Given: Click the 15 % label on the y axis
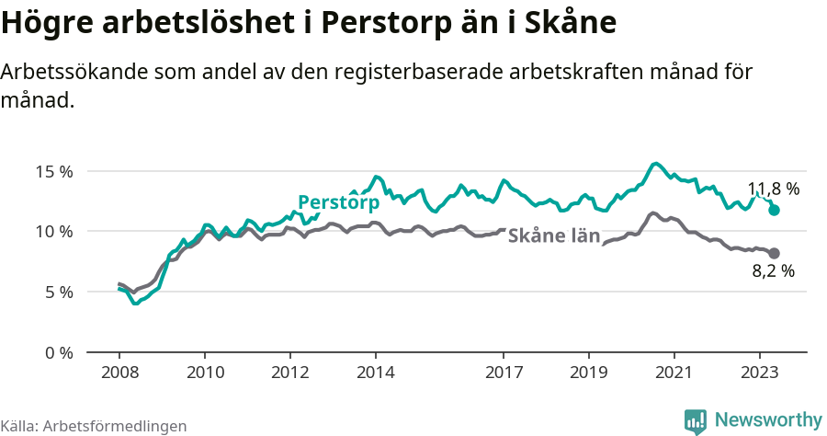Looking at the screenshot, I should click(53, 171).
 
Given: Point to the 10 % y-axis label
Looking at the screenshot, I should click(53, 231).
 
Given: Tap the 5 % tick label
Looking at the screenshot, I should click(57, 292).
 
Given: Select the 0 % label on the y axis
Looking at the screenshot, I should click(57, 352).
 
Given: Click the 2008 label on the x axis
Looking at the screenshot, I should click(119, 373).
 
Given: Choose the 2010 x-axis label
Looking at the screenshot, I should click(205, 373).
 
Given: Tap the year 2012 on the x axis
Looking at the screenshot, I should click(290, 373).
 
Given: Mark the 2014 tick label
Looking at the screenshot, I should click(376, 373).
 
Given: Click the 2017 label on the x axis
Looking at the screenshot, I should click(504, 373).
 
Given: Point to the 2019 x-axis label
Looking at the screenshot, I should click(589, 373).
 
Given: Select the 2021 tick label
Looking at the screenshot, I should click(674, 373).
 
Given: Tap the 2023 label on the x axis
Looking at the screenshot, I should click(760, 373).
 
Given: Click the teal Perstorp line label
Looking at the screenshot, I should click(338, 202).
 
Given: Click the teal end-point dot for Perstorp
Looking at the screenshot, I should click(775, 211).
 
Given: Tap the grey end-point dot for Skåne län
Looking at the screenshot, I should click(775, 253).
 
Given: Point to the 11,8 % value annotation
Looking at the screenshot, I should click(773, 189).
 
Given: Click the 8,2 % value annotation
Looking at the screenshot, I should click(773, 271).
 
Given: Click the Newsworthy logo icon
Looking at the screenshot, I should click(696, 420).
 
